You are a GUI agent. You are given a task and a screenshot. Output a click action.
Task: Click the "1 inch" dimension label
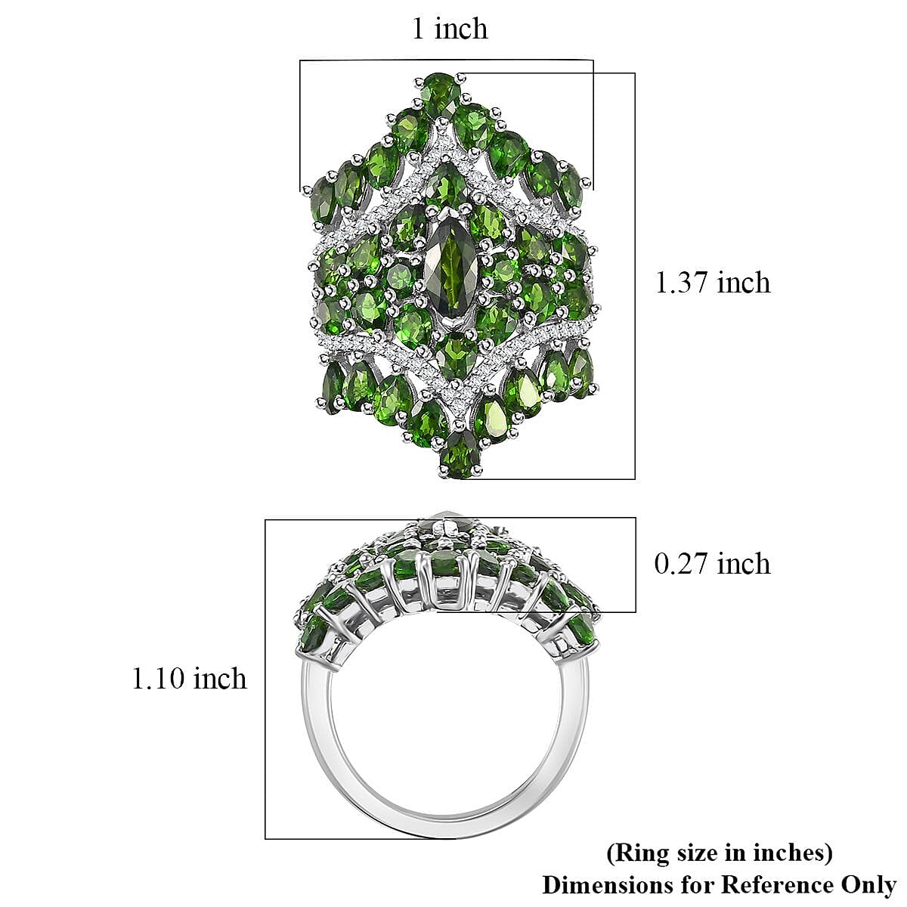[450, 29]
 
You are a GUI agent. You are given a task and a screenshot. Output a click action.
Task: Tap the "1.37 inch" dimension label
[713, 283]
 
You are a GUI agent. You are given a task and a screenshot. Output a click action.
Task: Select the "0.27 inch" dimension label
[713, 564]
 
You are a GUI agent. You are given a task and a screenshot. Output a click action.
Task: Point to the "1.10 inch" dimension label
[190, 679]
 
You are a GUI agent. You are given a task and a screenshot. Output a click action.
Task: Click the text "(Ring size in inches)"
[720, 853]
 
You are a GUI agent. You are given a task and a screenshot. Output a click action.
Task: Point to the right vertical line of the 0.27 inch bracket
[636, 565]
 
